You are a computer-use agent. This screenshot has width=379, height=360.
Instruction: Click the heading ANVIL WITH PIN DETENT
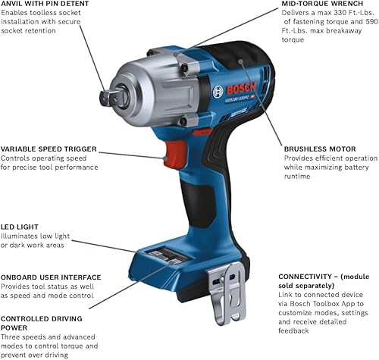click(45, 5)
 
